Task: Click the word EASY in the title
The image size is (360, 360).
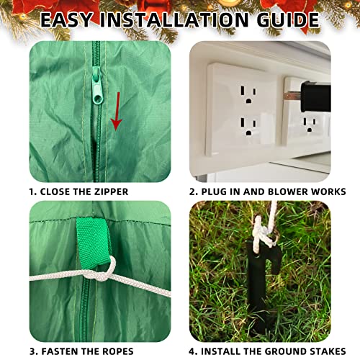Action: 66,19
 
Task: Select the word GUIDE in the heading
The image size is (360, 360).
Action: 288,19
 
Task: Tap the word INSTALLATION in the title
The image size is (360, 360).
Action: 174,19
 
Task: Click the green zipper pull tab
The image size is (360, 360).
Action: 97,86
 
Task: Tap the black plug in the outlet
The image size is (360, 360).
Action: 316,96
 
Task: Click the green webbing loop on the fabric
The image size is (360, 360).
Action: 93,243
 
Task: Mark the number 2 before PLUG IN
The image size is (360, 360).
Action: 192,192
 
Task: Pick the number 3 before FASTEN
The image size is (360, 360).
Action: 32,351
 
